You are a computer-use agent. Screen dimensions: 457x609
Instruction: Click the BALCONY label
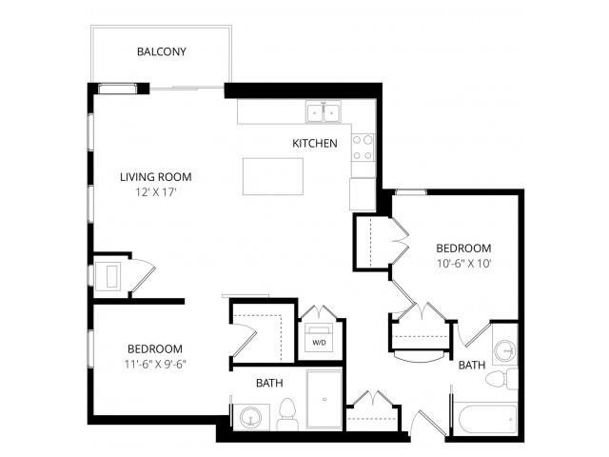point(161,51)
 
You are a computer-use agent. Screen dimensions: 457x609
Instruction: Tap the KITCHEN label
point(315,144)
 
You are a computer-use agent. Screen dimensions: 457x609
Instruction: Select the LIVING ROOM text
point(156,176)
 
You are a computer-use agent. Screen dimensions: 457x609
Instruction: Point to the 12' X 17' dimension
point(156,191)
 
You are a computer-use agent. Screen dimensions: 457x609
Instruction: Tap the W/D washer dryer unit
point(317,340)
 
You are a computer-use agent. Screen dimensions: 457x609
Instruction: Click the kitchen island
point(272,177)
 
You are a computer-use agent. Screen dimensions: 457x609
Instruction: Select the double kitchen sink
point(324,113)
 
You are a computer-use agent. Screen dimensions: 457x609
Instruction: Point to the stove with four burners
point(363,147)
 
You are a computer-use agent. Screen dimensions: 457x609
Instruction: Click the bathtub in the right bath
point(485,419)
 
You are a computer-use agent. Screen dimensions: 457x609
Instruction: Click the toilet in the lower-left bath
point(287,414)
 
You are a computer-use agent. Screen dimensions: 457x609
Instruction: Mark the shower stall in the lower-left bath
point(324,400)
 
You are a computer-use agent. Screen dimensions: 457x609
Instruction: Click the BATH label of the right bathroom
point(471,365)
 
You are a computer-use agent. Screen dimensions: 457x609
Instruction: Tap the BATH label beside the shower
point(268,383)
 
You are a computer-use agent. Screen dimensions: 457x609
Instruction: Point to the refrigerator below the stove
point(363,193)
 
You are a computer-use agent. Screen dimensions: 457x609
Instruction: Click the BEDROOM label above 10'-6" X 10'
point(463,248)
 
